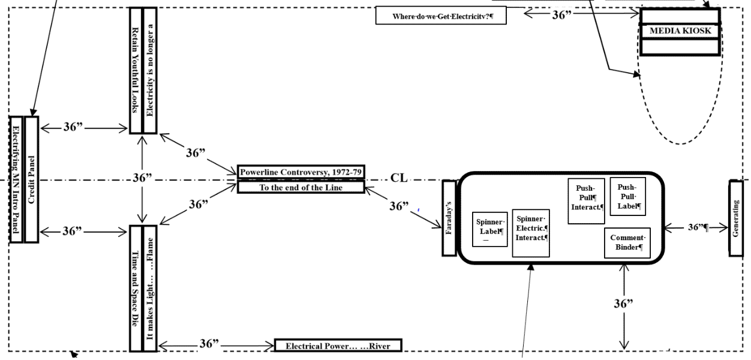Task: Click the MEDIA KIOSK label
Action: click(680, 30)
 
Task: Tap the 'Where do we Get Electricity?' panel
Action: click(441, 16)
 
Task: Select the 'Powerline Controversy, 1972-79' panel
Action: click(301, 172)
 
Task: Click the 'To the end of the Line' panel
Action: click(301, 187)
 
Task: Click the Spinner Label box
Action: click(490, 229)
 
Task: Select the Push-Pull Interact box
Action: click(586, 200)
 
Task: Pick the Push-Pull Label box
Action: click(627, 196)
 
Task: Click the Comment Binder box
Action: click(627, 242)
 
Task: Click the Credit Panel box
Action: click(31, 179)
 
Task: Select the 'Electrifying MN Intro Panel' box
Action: click(16, 179)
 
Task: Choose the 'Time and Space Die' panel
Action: click(136, 288)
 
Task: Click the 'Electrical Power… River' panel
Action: click(337, 346)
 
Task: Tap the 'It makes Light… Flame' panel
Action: click(150, 288)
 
